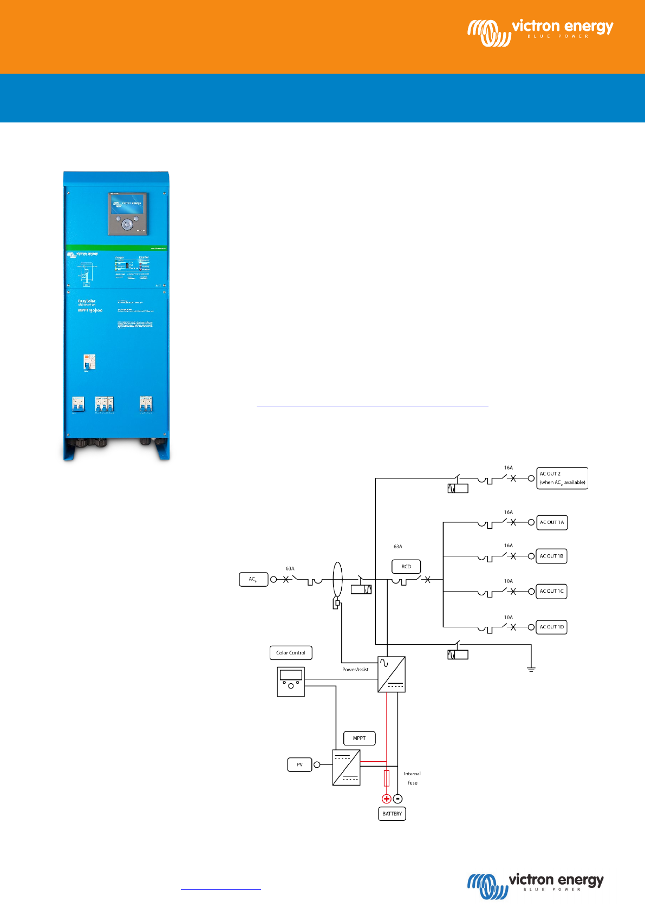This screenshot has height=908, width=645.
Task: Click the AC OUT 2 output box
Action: point(562,478)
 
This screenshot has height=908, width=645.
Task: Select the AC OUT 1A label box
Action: point(551,522)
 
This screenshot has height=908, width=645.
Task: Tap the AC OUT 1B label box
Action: point(551,556)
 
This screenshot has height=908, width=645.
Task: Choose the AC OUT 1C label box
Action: point(551,591)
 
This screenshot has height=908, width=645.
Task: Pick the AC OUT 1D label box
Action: point(551,627)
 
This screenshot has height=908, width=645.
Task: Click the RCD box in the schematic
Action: point(406,567)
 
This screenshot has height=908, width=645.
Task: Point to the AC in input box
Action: point(253,579)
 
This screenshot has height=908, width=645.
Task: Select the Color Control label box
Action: point(291,653)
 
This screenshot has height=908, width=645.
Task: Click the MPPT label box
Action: point(360,738)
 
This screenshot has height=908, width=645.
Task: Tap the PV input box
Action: point(299,764)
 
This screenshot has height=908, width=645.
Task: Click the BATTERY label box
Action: point(392,814)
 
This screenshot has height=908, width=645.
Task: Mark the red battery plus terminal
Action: point(387,799)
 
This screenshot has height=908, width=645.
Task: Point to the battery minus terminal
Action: point(398,799)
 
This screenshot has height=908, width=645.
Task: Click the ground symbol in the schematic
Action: point(531,670)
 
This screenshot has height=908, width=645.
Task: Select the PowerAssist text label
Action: point(355,670)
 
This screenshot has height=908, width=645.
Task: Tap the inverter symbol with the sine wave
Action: point(391,674)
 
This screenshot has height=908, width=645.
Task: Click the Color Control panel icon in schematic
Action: point(291,682)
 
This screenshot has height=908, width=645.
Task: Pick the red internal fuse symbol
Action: point(387,778)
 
